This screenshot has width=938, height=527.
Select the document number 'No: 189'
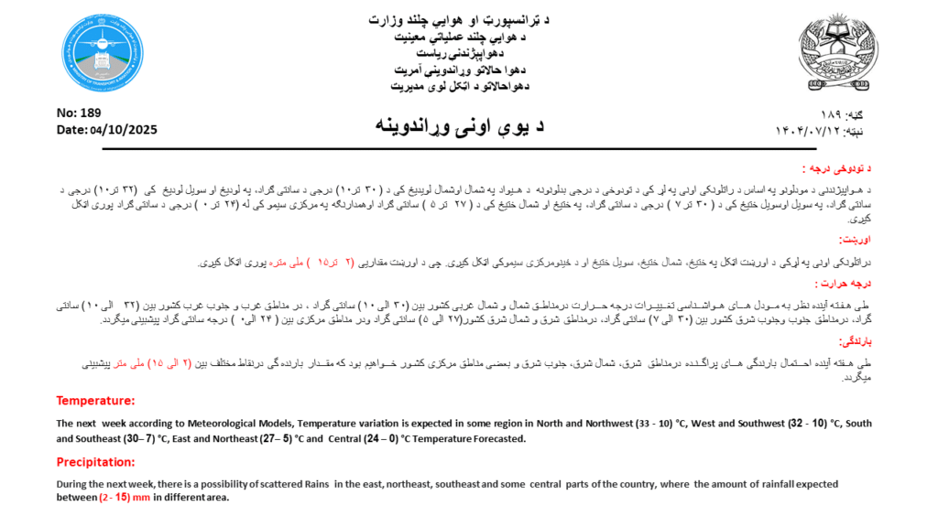click(x=79, y=113)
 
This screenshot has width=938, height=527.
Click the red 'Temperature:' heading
click(x=95, y=401)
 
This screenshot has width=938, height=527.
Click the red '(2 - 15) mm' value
click(x=125, y=498)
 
